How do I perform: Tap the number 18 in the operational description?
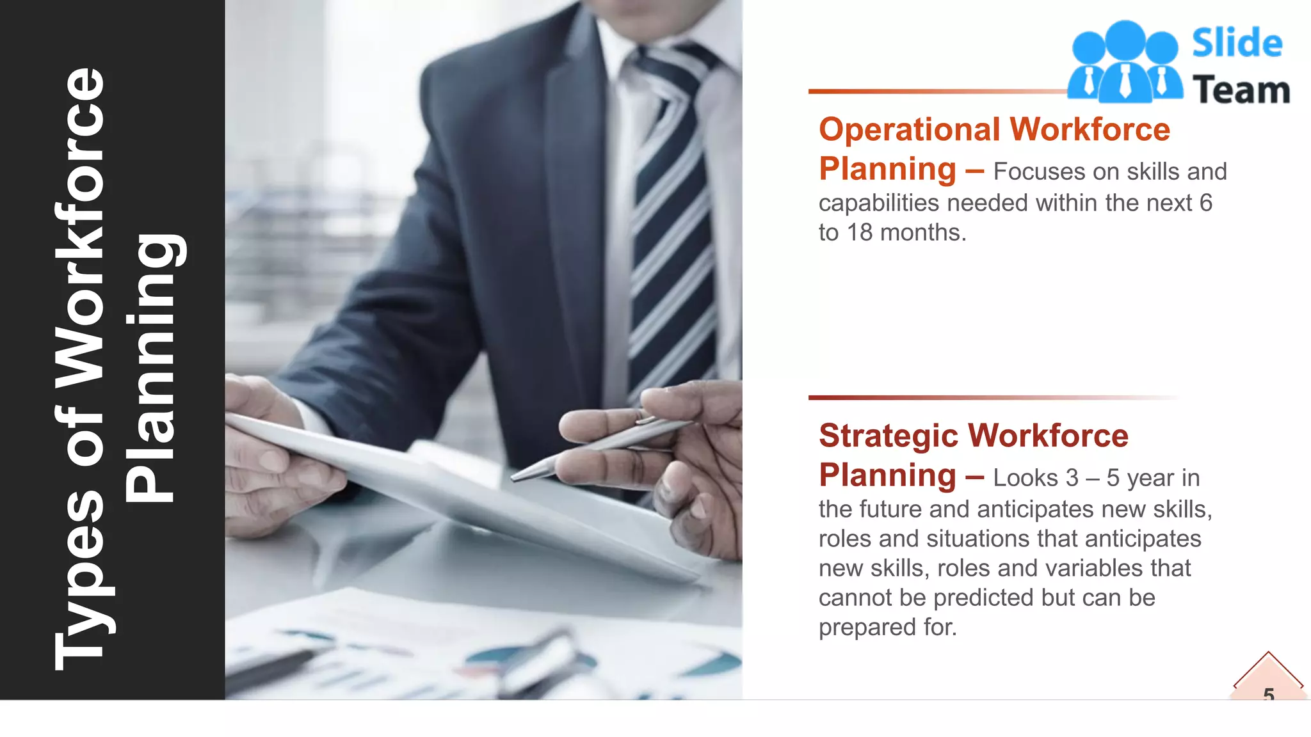(x=860, y=233)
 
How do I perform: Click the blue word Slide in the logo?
(x=1237, y=44)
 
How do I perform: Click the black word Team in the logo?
(x=1241, y=90)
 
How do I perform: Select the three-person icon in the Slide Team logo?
(x=1125, y=62)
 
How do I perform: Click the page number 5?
(x=1269, y=693)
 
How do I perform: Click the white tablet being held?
(x=448, y=486)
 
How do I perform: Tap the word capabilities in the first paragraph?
(x=878, y=203)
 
